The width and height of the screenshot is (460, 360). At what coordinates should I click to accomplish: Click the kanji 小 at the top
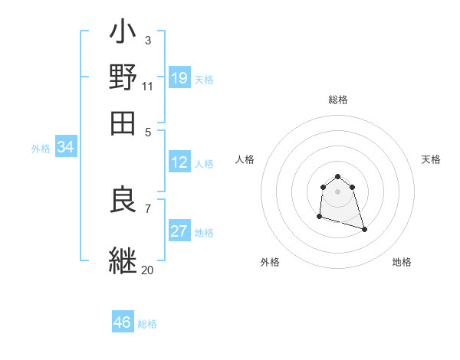[123, 35]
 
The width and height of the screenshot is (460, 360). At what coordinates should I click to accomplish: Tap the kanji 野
[123, 77]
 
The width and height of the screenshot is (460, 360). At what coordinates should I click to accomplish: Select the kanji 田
[123, 120]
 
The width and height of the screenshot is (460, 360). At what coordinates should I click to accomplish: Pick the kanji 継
[123, 260]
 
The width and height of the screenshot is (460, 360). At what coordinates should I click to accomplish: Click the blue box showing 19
[179, 77]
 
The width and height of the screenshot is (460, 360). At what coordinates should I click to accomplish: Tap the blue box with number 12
[179, 162]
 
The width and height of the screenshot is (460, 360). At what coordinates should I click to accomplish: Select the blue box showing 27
[179, 231]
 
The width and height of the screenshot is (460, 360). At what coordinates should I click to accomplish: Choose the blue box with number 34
[65, 148]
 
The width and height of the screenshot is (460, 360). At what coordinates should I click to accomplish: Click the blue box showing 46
[123, 322]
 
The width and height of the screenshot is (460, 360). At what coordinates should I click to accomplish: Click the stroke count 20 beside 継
[147, 270]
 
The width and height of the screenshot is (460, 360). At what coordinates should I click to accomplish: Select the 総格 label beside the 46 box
[147, 324]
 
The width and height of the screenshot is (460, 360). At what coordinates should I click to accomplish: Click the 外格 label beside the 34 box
[41, 149]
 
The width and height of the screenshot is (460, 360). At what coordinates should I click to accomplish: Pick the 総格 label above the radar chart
[338, 100]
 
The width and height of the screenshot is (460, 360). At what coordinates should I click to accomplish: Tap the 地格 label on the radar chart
[402, 262]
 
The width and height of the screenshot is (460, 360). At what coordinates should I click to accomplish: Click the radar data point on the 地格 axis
[364, 229]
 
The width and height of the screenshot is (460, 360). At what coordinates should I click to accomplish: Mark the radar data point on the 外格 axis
[319, 217]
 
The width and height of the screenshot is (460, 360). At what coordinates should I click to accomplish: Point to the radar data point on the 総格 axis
[337, 178]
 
